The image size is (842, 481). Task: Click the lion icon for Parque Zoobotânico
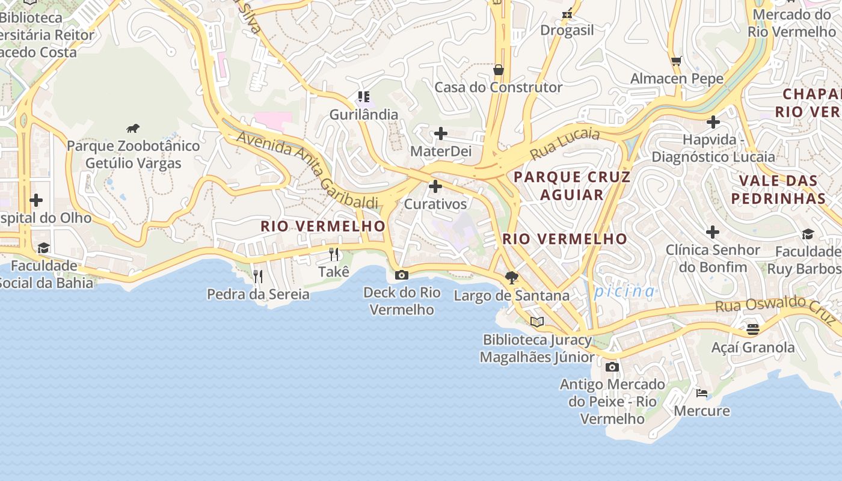point(133,128)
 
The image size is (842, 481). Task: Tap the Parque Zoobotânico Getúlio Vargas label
point(133,155)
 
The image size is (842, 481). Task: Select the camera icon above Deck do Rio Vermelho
point(401,275)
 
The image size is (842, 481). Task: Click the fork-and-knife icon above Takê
point(334,254)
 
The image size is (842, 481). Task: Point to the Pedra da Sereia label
point(258,294)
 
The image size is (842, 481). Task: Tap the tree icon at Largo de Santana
point(512,277)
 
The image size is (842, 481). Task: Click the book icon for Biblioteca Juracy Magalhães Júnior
point(536,322)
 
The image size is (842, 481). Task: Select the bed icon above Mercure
point(701,393)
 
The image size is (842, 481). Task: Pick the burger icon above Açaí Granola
point(752,329)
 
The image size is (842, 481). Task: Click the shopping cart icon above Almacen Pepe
point(677,61)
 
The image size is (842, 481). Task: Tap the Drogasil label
point(567,30)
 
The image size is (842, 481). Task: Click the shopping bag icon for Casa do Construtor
point(498,70)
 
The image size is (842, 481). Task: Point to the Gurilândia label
point(363,114)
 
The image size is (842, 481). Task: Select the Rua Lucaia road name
point(565,144)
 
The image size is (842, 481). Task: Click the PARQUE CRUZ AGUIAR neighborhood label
point(571,185)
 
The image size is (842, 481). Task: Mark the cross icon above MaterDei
point(441,133)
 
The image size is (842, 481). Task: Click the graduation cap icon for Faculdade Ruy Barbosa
point(808,234)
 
